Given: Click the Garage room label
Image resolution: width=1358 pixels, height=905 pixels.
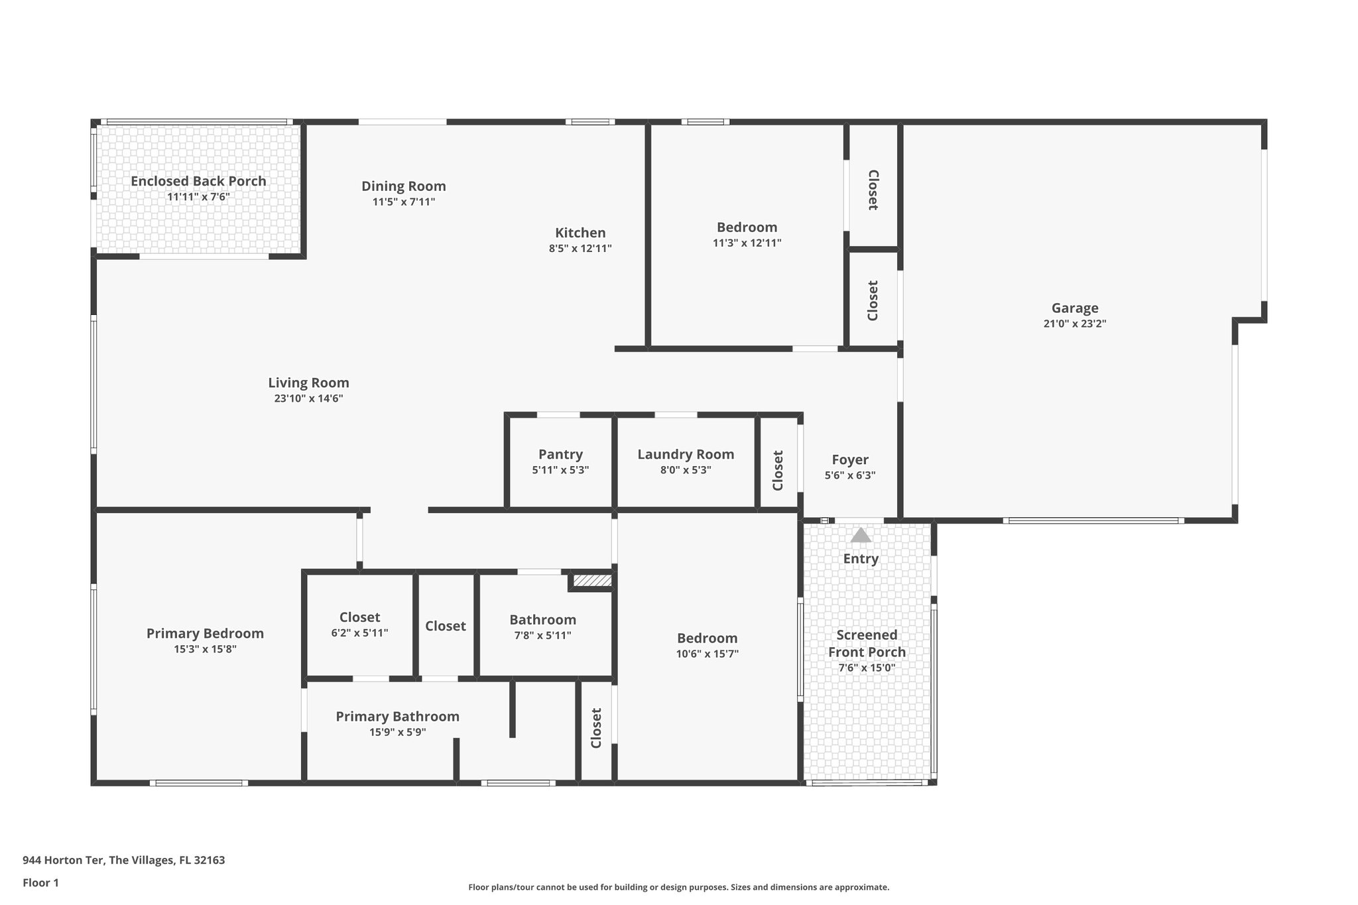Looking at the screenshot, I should coord(1075,308).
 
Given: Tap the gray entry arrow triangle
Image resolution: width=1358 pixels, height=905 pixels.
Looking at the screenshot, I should coord(861,535).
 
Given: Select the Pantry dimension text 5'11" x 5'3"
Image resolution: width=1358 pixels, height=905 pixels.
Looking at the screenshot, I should coord(560,470).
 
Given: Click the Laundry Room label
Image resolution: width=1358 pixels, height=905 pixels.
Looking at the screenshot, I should coord(686,454).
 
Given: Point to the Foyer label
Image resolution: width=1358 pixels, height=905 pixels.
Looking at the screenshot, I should coord(850,459).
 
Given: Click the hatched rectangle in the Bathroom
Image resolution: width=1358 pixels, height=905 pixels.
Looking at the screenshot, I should coord(591,581).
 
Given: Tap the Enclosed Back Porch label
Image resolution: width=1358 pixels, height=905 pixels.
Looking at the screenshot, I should coord(198,181).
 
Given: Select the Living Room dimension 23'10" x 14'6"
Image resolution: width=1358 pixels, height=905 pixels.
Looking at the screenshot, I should coord(308,398).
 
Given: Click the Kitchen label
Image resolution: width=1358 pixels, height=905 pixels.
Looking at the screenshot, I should coord(580,233).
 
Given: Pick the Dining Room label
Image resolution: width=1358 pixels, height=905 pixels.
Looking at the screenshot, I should coord(403,186).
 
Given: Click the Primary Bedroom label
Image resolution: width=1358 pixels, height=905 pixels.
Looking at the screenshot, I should coord(205,633).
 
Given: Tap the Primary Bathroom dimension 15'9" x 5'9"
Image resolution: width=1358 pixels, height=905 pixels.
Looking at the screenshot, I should coord(397,732).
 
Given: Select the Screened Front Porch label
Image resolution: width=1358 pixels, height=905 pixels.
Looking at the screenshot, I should coord(867,643).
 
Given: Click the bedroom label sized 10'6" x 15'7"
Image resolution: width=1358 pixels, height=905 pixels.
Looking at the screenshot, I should coord(707,638).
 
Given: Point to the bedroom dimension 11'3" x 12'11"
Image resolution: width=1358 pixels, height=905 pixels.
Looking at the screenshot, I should coord(747,243).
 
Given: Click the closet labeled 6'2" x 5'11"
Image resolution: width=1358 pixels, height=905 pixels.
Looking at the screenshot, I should coord(359,617).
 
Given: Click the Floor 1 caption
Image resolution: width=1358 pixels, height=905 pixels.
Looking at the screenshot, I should coord(40,882).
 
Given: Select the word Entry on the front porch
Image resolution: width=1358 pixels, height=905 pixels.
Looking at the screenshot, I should coord(861,559).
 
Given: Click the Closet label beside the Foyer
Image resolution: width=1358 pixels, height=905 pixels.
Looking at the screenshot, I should coord(778,470).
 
